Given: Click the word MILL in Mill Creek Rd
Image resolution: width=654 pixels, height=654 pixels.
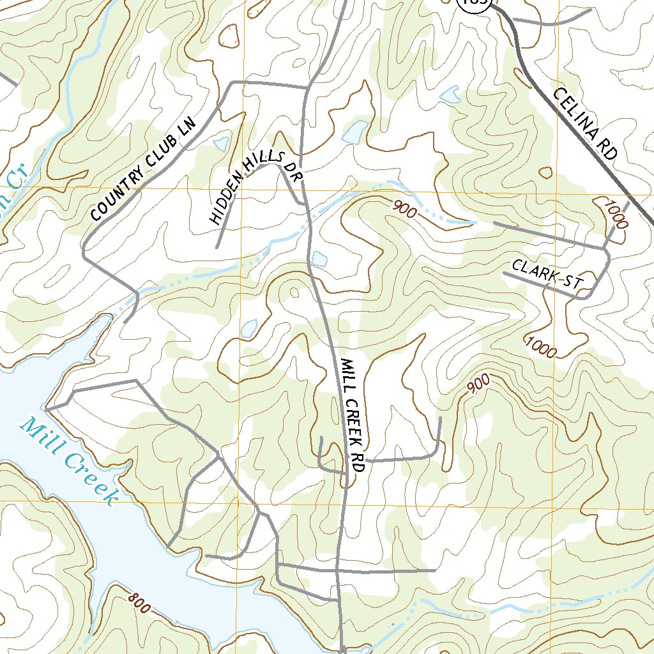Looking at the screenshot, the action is click(347, 376).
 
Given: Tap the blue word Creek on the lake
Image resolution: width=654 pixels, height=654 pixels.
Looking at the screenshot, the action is click(89, 478).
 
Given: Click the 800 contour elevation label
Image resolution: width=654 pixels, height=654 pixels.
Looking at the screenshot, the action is click(139, 603).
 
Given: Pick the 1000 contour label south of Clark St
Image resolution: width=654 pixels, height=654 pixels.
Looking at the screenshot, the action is click(541, 346).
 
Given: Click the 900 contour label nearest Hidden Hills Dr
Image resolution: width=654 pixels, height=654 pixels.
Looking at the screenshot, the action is click(404, 209).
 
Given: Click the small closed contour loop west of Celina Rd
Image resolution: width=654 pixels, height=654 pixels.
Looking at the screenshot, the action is click(545, 172).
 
